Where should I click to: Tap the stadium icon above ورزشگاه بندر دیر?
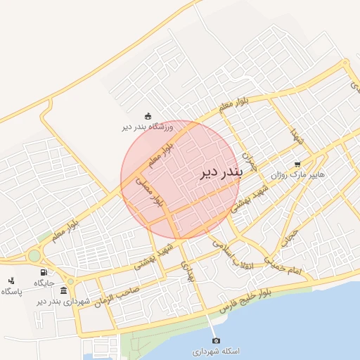pos(148,117)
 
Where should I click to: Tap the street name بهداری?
pos(186,272)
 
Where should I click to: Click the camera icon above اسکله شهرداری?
pos(216,340)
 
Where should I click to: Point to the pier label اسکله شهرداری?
pos(216,350)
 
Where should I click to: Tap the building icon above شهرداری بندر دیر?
pos(64,290)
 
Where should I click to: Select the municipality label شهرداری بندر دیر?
pos(64,301)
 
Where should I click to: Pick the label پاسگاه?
pos(11,291)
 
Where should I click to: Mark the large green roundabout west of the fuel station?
pos(34,256)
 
